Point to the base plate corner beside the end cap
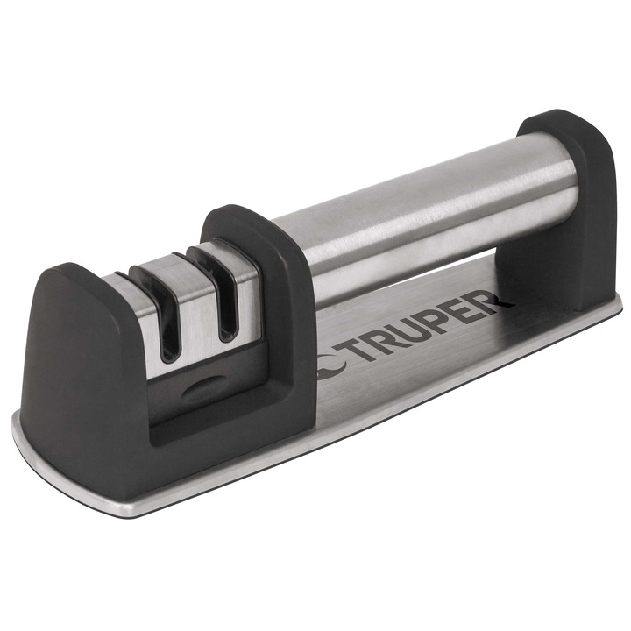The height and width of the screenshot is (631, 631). pos(613,302)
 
